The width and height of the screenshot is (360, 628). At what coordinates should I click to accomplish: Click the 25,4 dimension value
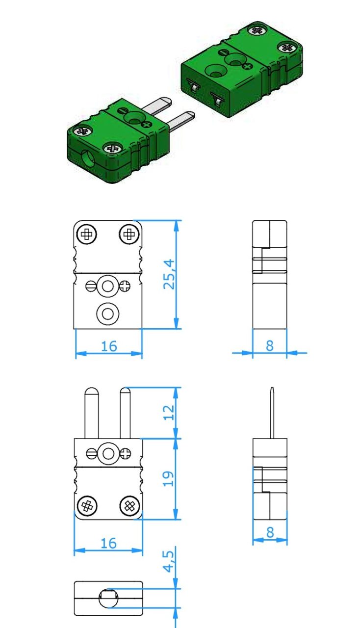click(169, 274)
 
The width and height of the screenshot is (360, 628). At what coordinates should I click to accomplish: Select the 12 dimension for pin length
click(169, 413)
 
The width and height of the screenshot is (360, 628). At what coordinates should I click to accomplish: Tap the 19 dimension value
click(168, 478)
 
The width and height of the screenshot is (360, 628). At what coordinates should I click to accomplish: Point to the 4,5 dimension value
click(169, 561)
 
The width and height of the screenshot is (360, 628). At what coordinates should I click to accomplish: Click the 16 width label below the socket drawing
click(109, 346)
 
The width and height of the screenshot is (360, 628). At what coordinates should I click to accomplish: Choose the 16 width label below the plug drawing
click(108, 543)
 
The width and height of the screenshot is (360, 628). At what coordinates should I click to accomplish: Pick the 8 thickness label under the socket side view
click(270, 345)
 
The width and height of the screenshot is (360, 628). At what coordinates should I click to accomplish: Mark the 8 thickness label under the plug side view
click(270, 532)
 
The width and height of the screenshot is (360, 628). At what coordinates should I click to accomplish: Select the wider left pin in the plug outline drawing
click(92, 413)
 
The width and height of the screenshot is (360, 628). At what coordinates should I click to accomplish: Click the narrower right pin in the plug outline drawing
click(125, 413)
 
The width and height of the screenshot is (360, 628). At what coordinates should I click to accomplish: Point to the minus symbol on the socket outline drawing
click(90, 287)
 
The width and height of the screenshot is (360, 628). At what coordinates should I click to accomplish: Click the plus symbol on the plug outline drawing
click(126, 454)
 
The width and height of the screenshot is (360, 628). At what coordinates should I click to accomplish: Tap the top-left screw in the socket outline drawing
click(87, 234)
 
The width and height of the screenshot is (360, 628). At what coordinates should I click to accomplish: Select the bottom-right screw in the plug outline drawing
click(130, 506)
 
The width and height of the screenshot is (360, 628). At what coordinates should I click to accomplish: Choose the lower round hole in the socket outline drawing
click(108, 314)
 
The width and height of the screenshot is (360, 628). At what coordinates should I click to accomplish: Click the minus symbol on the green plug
click(123, 110)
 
